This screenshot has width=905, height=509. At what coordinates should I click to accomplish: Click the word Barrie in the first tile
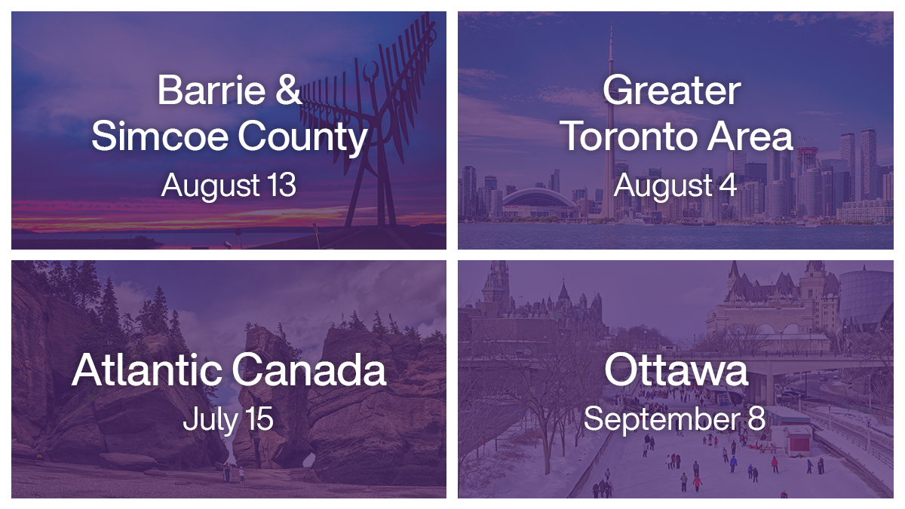[x=201, y=91]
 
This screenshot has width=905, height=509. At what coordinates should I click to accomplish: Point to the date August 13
[x=229, y=186]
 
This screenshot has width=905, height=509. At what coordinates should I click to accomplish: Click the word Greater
[x=671, y=91]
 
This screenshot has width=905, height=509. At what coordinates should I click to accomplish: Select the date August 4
[x=675, y=186]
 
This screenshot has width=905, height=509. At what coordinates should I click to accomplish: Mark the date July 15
[x=228, y=420]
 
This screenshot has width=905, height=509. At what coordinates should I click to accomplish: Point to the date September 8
[x=675, y=419]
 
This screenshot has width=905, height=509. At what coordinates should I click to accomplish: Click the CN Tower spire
[x=611, y=45]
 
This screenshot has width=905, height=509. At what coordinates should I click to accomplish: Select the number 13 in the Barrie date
[x=281, y=186]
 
